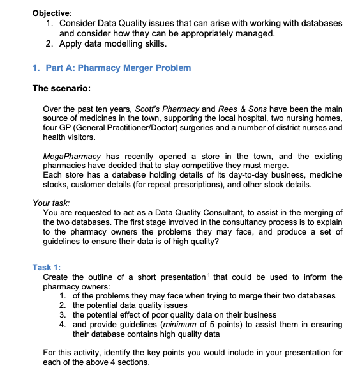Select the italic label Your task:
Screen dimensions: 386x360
(x=50, y=203)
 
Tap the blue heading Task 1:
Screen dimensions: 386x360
(x=46, y=267)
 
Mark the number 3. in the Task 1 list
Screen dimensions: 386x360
(x=63, y=314)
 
